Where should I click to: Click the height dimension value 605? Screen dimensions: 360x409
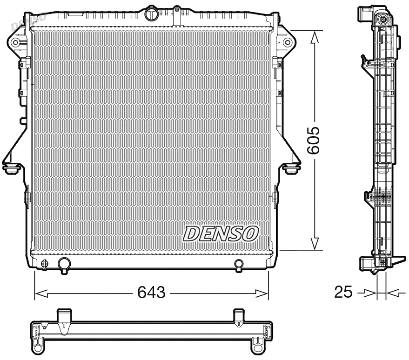pyautogui.click(x=315, y=140)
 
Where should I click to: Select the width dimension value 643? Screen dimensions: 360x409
pyautogui.click(x=152, y=293)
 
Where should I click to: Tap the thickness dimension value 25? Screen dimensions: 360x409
pyautogui.click(x=343, y=293)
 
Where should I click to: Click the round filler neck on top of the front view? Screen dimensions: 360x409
pyautogui.click(x=152, y=14)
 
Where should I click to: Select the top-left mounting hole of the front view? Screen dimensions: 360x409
pyautogui.click(x=15, y=43)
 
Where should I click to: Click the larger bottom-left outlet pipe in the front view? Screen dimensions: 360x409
pyautogui.click(x=64, y=264)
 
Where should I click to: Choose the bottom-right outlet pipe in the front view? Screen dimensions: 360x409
pyautogui.click(x=239, y=265)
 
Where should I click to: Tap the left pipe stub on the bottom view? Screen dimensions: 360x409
pyautogui.click(x=64, y=317)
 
